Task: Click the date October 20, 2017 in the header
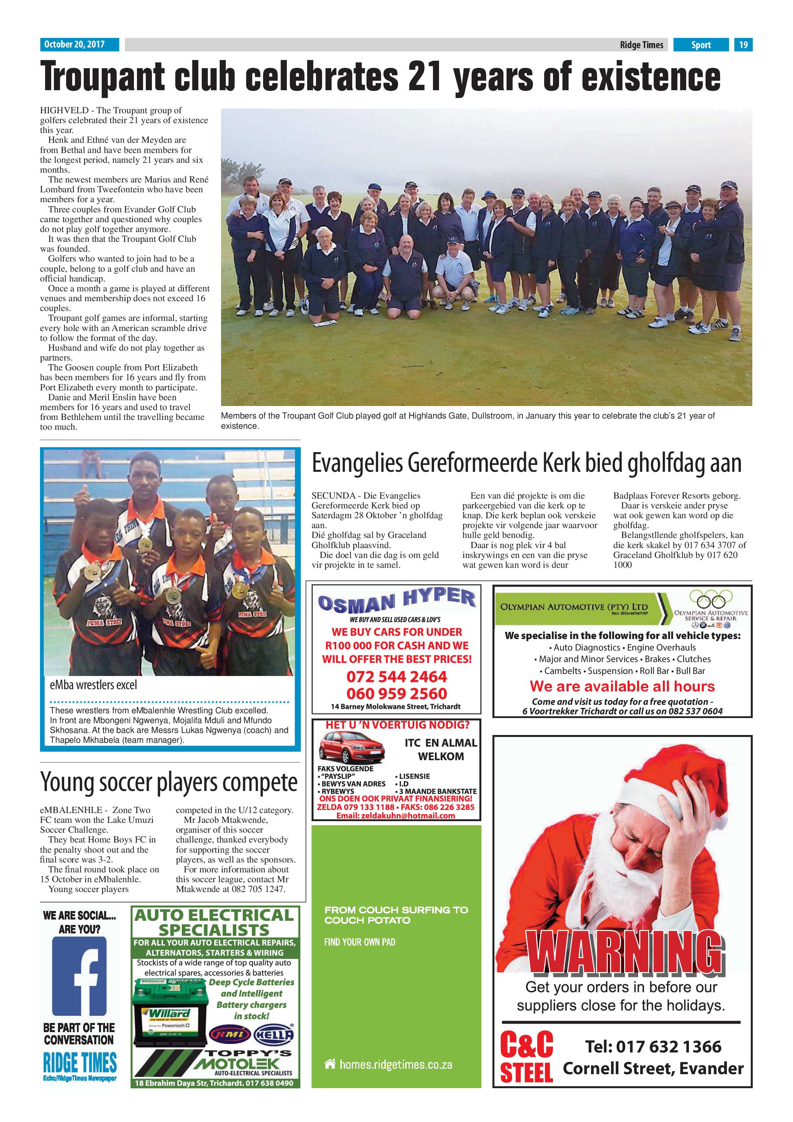(x=74, y=44)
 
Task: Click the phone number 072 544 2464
(x=396, y=677)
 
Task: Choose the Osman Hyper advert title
(x=396, y=601)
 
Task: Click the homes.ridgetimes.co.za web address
(x=396, y=1065)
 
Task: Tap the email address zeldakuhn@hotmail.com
(x=396, y=816)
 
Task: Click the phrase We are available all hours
(x=622, y=686)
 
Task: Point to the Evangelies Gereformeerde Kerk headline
(x=526, y=463)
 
